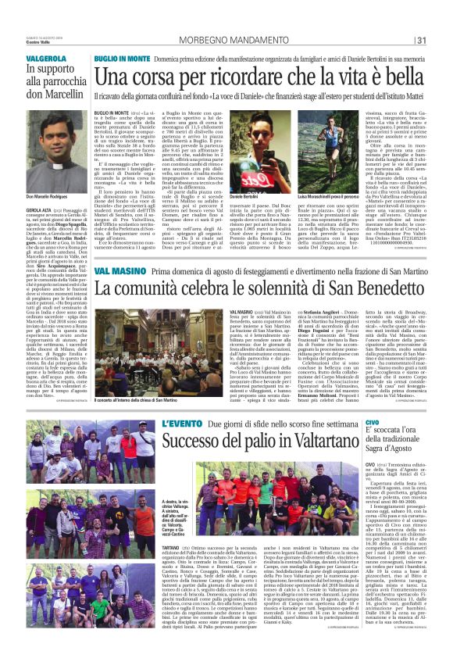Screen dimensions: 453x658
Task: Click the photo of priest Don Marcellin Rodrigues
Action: (x=48, y=144)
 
